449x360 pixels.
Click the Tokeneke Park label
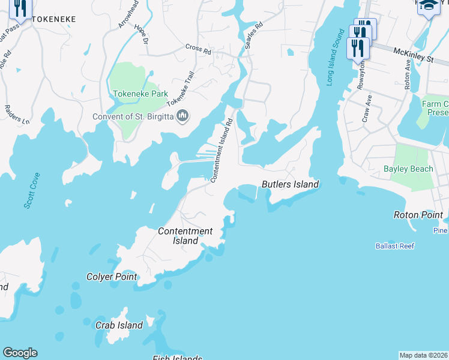(140, 94)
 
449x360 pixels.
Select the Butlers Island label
(290, 184)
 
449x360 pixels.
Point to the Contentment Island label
(185, 236)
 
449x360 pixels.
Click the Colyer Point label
(112, 277)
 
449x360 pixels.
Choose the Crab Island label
(119, 325)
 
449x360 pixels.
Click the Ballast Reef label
(395, 246)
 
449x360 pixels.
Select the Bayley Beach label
(408, 169)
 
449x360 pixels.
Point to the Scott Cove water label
(32, 191)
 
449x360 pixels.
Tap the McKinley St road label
(414, 55)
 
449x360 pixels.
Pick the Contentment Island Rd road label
(221, 150)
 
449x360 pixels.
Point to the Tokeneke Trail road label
(181, 89)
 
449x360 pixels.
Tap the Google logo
(20, 353)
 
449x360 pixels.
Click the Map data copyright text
(424, 355)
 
